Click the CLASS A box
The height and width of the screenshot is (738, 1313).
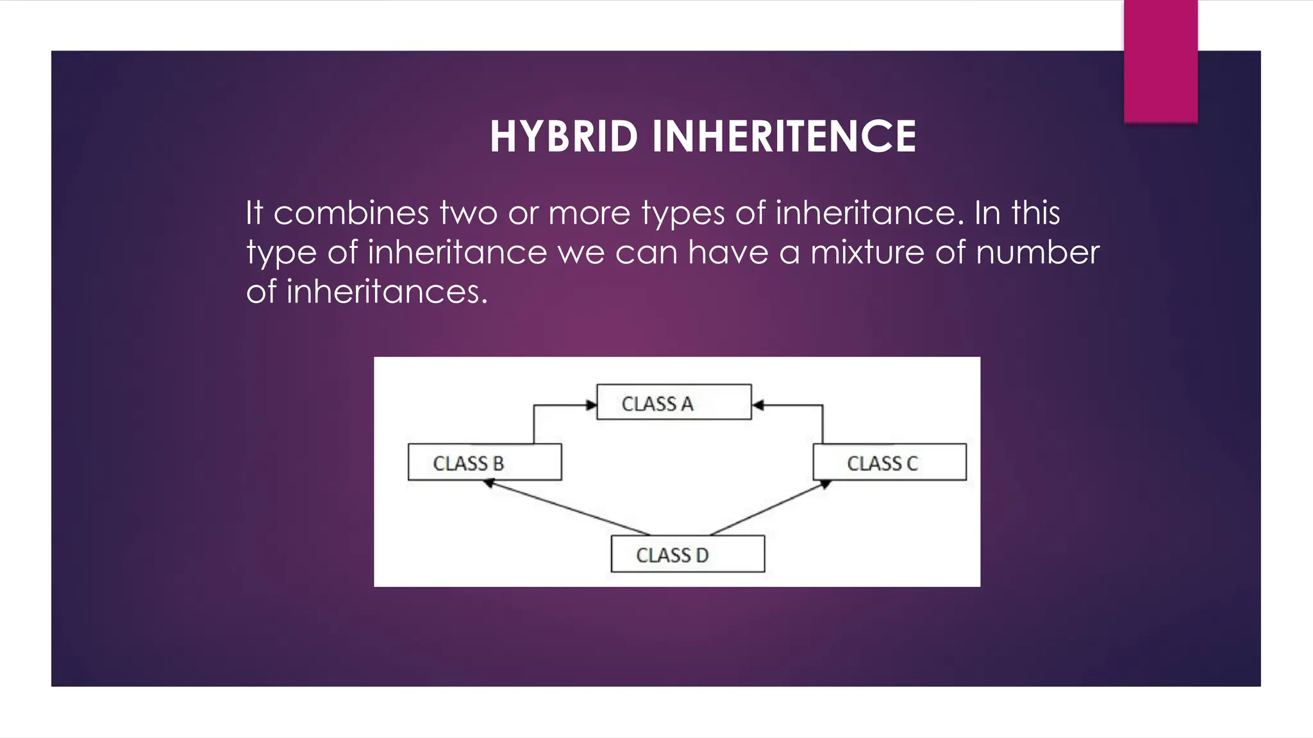674,402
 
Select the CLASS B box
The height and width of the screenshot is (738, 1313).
485,462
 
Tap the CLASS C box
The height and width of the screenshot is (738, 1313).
889,462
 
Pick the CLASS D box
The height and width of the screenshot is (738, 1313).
687,554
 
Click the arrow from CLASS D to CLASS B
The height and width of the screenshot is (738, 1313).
567,508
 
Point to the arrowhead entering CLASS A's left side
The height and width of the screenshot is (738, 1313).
591,405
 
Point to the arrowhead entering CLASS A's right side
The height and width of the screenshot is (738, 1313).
758,405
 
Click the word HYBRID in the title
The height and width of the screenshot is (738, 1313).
564,136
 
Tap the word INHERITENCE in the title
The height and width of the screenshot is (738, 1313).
784,136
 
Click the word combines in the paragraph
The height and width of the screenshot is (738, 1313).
351,213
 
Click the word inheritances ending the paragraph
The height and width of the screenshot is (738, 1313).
387,292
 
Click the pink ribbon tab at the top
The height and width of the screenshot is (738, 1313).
1160,61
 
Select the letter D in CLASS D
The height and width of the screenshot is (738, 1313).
702,555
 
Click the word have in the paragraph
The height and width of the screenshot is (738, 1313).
728,252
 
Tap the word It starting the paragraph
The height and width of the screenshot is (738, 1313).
255,213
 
